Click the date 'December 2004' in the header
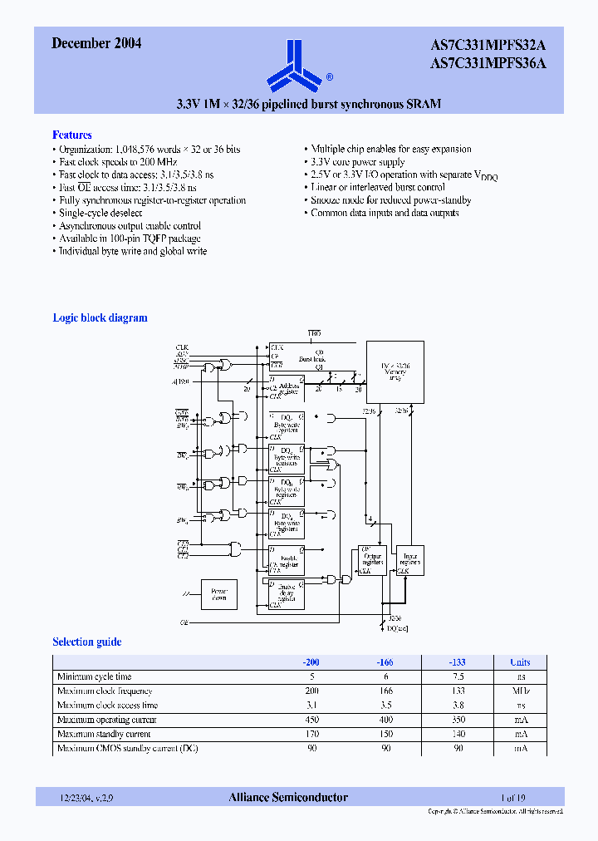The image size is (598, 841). point(96,44)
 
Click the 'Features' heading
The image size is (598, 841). point(72,135)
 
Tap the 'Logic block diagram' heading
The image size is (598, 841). point(100,317)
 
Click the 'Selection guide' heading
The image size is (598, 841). point(86,642)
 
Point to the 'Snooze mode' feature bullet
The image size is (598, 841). point(390,200)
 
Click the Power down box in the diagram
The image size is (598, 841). point(219,594)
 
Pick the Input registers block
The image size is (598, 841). point(409,560)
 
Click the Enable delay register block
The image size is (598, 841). point(287,594)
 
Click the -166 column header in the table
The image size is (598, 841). point(383,662)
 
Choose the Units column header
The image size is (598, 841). point(520,662)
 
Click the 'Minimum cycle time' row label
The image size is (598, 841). point(94,677)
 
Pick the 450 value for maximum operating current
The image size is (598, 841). point(311,720)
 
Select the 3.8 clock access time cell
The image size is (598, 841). point(457,706)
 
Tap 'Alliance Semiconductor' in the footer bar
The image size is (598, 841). point(288,798)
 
